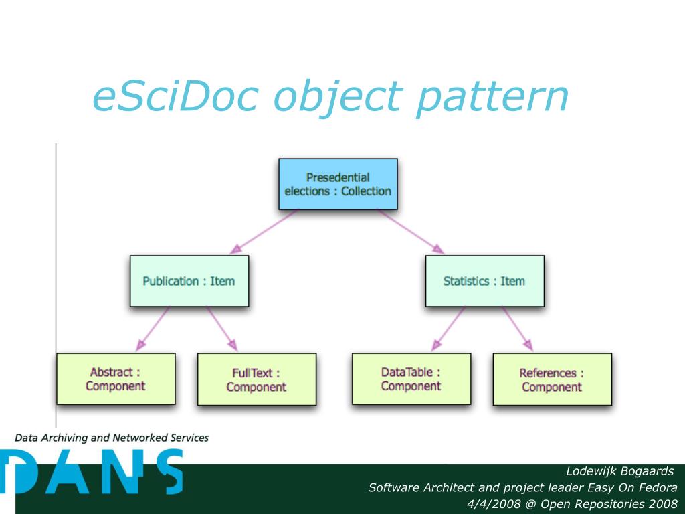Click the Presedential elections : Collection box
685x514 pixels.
[x=338, y=184]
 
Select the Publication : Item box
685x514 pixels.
[x=189, y=281]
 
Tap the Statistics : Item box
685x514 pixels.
[x=484, y=281]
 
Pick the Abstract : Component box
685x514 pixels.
[x=116, y=379]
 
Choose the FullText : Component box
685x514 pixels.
[x=256, y=379]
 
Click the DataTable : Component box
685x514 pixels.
[x=411, y=379]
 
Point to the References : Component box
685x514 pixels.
[x=552, y=379]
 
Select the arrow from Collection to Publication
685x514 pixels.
[x=264, y=232]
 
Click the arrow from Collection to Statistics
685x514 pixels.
[x=410, y=232]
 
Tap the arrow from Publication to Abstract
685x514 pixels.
[x=153, y=329]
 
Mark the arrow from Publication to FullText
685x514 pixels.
[x=221, y=329]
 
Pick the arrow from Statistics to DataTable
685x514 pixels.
[x=449, y=328]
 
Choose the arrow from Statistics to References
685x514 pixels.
[x=517, y=328]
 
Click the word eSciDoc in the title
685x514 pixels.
[x=175, y=96]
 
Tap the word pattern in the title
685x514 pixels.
[x=491, y=98]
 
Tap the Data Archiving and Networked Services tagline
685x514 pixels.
[x=112, y=438]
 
